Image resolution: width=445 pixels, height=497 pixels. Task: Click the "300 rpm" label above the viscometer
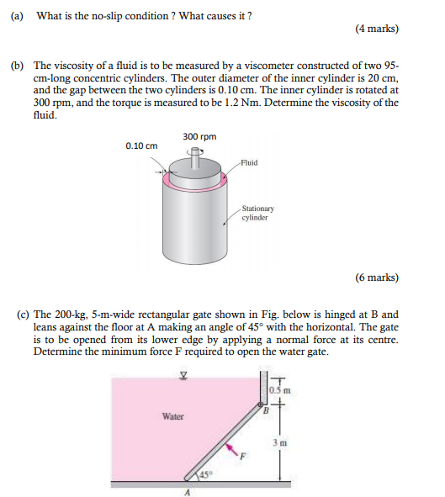point(199,136)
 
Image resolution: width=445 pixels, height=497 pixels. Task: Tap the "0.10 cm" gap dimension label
point(141,145)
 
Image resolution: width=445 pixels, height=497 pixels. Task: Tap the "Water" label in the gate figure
point(173,415)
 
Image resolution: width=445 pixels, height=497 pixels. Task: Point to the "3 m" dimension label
point(282,442)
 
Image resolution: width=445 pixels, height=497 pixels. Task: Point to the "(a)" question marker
point(16,17)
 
